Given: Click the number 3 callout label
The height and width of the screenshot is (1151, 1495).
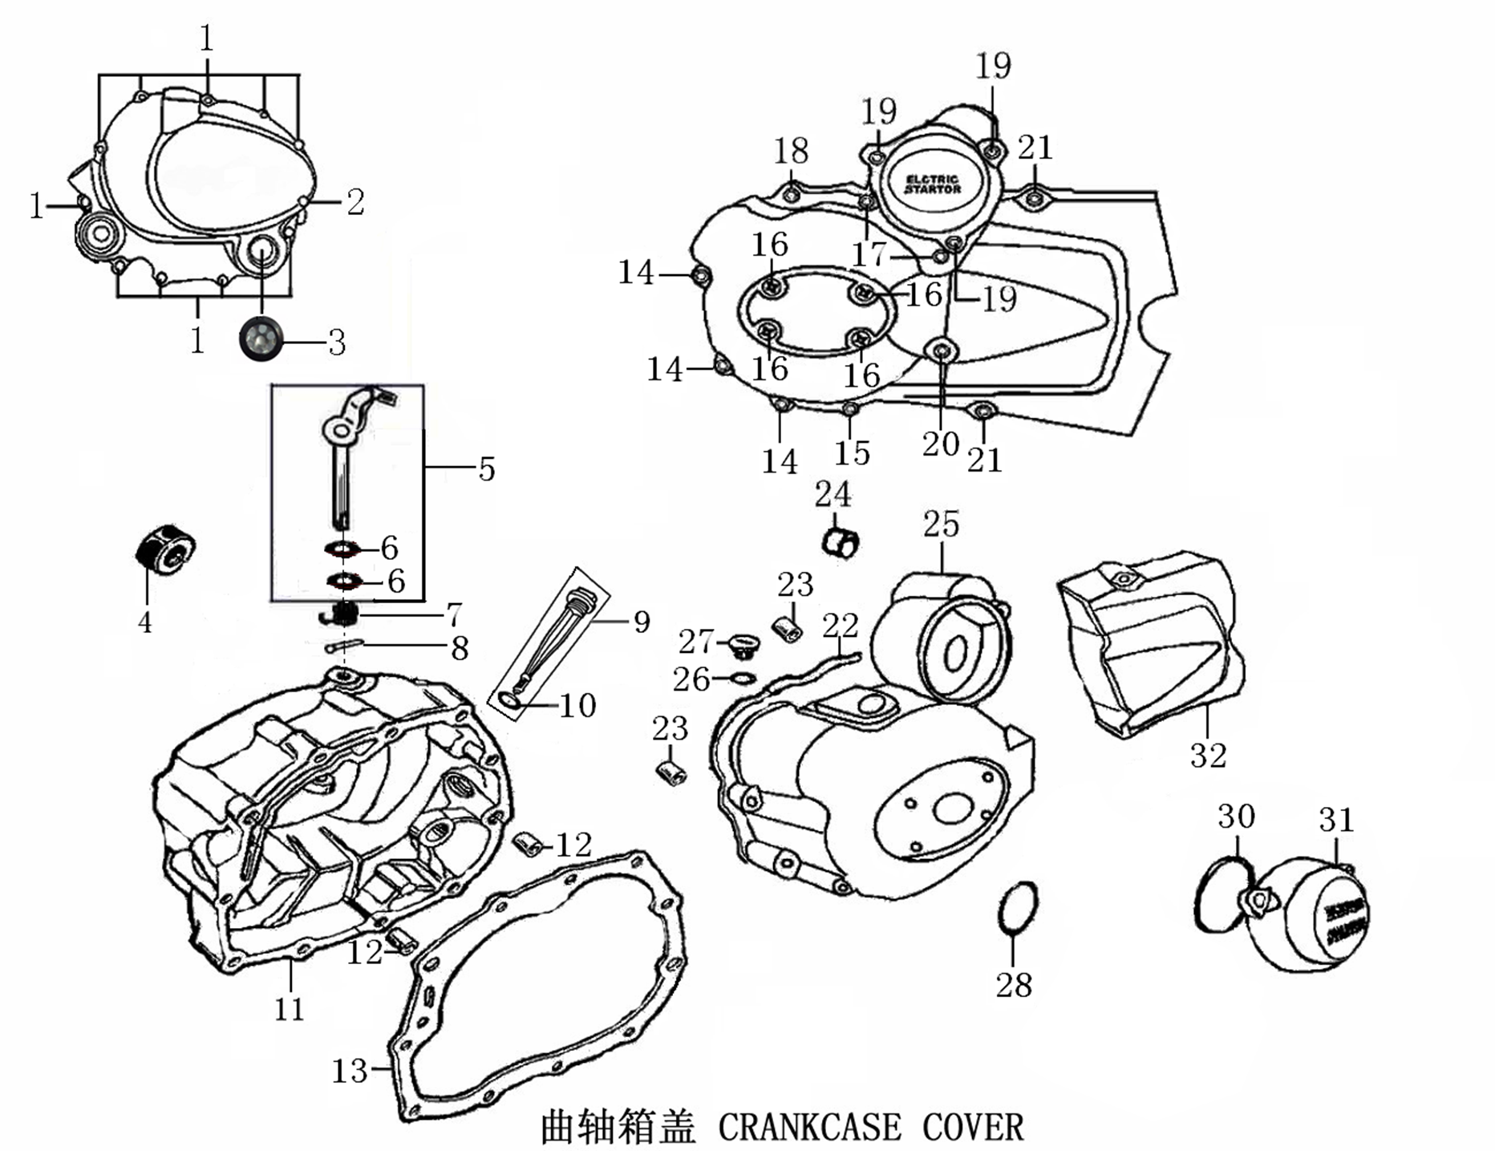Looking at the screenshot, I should [337, 343].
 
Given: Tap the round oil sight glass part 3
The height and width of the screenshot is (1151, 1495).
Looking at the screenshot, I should [261, 338].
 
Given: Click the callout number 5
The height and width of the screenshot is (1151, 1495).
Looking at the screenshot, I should [487, 469].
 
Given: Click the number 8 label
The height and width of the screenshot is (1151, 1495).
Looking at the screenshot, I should [460, 649].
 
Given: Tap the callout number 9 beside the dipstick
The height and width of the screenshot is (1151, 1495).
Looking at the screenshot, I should [641, 622].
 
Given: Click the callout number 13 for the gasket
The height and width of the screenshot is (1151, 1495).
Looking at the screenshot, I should [350, 1070].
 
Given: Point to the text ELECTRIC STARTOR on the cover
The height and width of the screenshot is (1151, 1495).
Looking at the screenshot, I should [933, 184].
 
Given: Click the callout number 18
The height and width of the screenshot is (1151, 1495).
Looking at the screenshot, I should [791, 151].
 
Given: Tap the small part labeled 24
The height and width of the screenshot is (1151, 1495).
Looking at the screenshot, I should [840, 543].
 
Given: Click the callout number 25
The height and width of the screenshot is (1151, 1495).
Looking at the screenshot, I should [941, 525].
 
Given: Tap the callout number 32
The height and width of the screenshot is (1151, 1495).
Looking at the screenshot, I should [1208, 755].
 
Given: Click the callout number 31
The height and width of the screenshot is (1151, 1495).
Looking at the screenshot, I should [1336, 820].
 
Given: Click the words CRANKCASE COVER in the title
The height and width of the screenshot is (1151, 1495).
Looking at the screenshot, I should [870, 1127].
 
